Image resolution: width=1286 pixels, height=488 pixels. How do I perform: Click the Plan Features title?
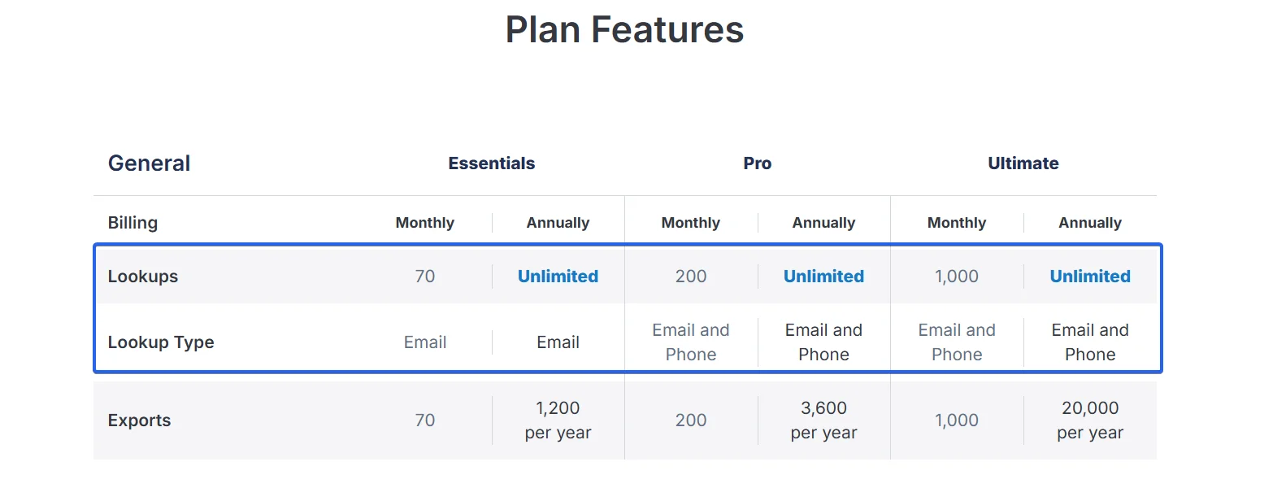point(624,29)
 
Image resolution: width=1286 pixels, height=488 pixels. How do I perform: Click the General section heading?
point(149,163)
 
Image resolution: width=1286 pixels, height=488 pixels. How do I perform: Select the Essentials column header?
point(492,163)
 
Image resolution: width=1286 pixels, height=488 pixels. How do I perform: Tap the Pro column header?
point(758,163)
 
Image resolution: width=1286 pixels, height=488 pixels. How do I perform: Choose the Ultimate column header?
point(1023,163)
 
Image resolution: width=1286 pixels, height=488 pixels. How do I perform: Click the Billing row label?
point(133,222)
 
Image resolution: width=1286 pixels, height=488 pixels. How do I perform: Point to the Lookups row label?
point(143,277)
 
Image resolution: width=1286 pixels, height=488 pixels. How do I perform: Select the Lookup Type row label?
point(161,342)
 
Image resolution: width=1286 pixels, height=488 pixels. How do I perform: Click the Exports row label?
point(140,420)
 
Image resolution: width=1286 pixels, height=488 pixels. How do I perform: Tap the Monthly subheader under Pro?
point(691,222)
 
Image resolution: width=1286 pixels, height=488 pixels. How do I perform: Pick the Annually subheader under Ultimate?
point(1089,222)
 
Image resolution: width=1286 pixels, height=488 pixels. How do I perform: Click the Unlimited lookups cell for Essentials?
point(558,277)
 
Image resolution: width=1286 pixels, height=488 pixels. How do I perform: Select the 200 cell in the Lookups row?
point(691,277)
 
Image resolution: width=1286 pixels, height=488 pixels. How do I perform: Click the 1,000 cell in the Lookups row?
point(957,277)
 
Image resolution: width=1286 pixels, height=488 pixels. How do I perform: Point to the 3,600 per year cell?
point(823,420)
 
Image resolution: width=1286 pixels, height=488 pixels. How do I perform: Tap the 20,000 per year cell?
point(1089,420)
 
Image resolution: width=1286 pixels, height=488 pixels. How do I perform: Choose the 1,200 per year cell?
point(558,420)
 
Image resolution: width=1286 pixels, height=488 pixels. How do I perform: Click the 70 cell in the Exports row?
point(425,420)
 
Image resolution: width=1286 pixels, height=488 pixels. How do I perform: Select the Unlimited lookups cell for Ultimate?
point(1089,277)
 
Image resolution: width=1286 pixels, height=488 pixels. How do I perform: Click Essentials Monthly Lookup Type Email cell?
point(425,342)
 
